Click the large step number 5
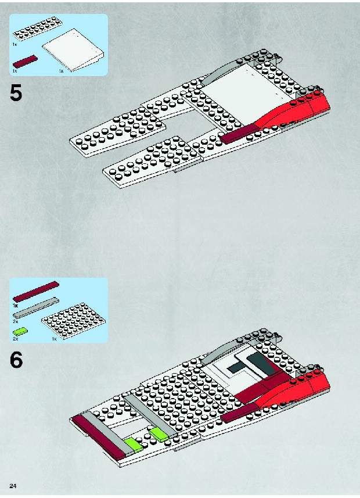[x=16, y=94]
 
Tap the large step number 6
[x=16, y=360]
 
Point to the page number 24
[x=13, y=486]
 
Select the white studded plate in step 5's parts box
[x=38, y=30]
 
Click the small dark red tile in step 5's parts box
[x=25, y=61]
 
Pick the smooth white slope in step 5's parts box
[x=73, y=49]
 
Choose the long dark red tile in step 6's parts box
[x=36, y=291]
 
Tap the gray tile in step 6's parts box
[x=36, y=308]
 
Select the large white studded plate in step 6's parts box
[x=74, y=321]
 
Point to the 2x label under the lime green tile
[x=15, y=339]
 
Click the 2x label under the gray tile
[x=15, y=321]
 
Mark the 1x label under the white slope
[x=62, y=71]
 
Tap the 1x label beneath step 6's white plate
[x=54, y=339]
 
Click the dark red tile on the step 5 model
[x=240, y=134]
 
